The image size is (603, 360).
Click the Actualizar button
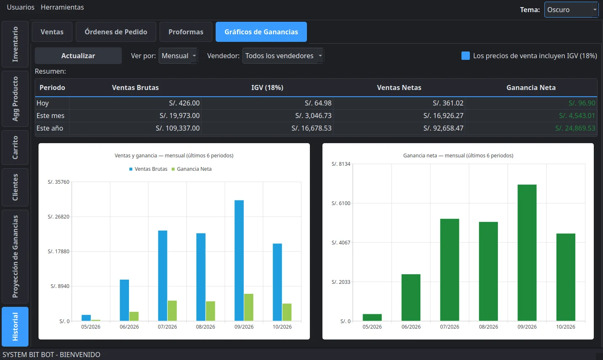(x=78, y=56)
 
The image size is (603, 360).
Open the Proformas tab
(x=186, y=32)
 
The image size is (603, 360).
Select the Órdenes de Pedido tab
(x=116, y=32)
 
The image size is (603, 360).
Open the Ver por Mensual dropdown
(x=178, y=56)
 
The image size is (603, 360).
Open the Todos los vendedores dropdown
(x=283, y=56)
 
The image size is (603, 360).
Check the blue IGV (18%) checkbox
(x=466, y=56)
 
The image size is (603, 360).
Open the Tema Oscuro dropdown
(x=571, y=10)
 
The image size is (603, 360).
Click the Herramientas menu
(x=62, y=7)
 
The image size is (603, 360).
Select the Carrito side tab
(x=15, y=147)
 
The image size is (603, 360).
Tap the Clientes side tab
(x=15, y=187)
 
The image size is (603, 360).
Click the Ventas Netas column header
(x=399, y=87)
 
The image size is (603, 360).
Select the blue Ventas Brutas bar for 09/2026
(x=239, y=260)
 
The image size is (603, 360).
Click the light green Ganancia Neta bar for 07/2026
(x=172, y=311)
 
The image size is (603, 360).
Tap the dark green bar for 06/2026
(x=411, y=298)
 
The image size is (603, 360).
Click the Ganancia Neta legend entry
(x=192, y=169)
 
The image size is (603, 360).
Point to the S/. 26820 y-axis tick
(x=59, y=216)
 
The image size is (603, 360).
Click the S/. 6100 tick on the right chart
(x=341, y=203)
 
